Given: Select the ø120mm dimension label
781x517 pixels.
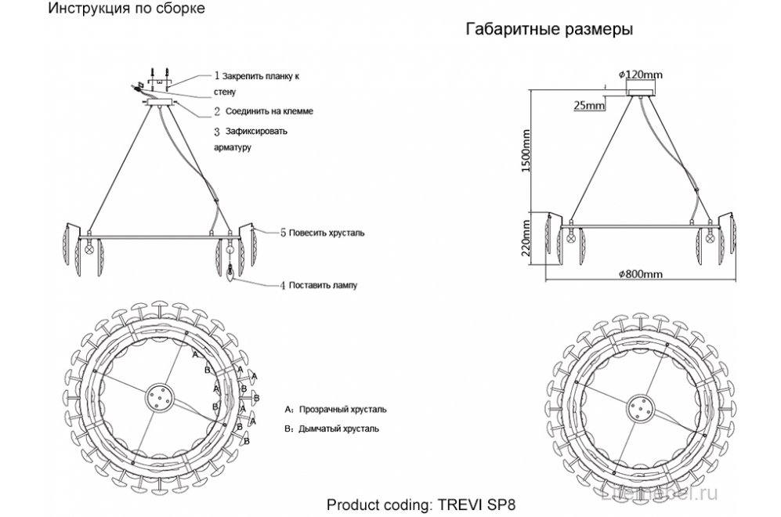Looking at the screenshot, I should click(x=640, y=74).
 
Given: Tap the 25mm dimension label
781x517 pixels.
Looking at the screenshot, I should click(x=588, y=105).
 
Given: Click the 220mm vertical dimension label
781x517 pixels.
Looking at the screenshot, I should click(x=527, y=239).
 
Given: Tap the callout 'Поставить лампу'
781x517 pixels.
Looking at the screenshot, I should click(x=323, y=285).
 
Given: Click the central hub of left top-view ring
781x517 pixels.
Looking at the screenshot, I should click(x=159, y=398).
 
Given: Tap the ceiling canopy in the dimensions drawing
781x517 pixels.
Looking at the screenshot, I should click(x=640, y=91).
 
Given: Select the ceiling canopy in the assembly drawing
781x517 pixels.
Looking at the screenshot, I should click(x=159, y=101).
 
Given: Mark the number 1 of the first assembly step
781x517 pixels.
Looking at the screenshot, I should click(x=217, y=76).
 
